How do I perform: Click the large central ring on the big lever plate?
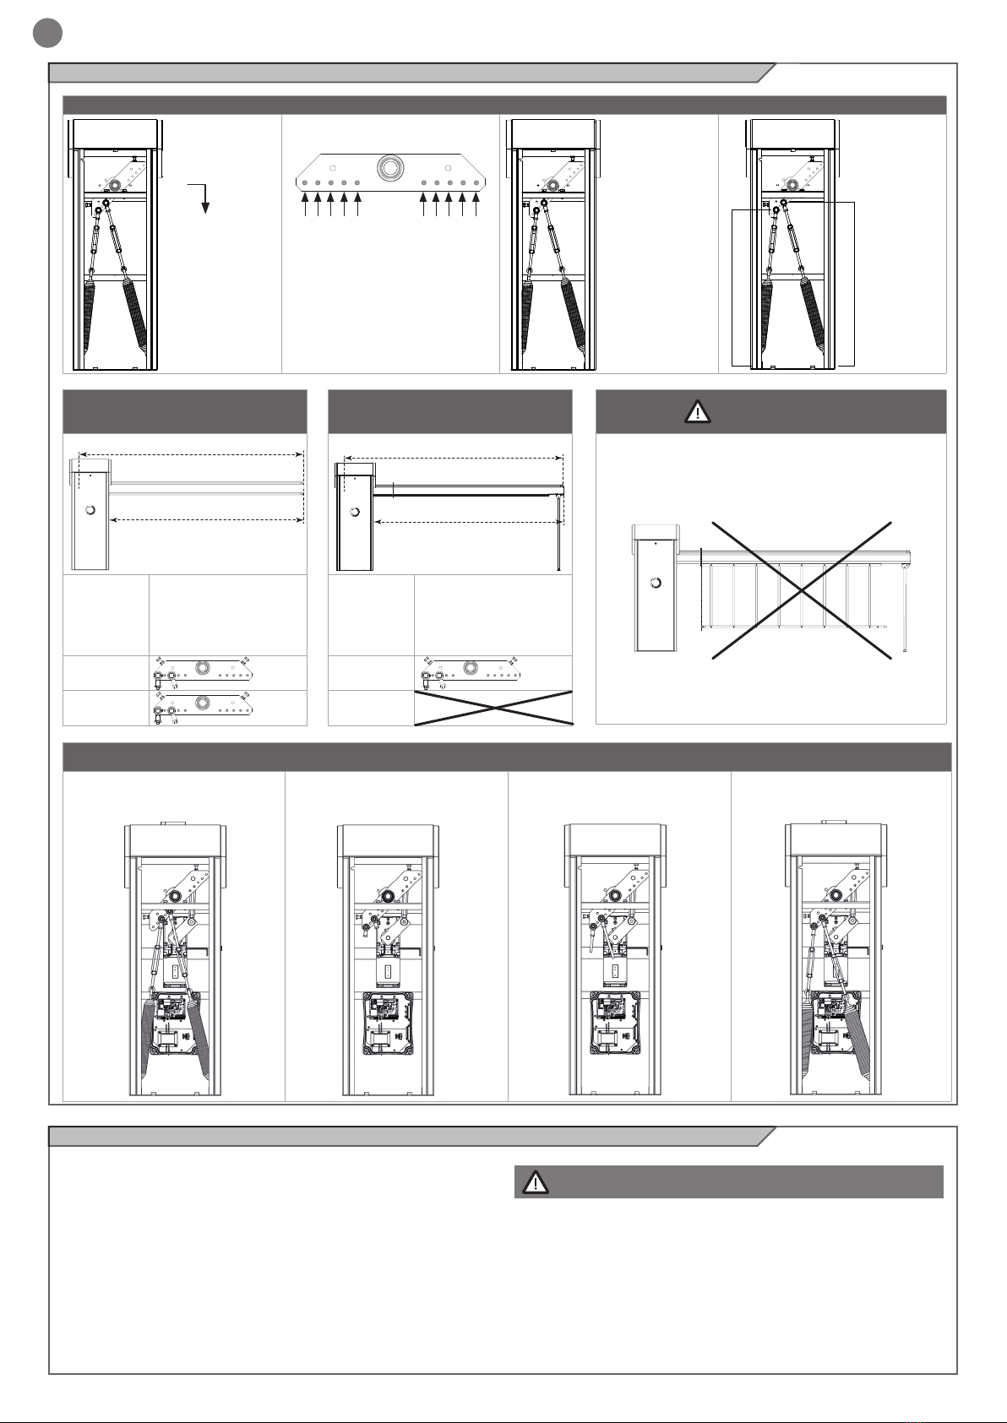click(390, 167)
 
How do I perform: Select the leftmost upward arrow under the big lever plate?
click(304, 205)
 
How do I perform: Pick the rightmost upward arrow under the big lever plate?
click(476, 205)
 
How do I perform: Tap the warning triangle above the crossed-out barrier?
click(697, 412)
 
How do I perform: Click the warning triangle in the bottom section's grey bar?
click(534, 1182)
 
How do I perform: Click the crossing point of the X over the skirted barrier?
click(801, 590)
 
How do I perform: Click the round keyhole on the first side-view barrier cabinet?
click(90, 509)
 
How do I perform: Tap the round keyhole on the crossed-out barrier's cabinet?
click(655, 583)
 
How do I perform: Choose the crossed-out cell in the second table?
click(493, 708)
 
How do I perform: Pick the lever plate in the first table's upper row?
click(203, 672)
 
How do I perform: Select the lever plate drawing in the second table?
click(469, 672)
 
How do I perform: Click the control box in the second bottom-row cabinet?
click(387, 1023)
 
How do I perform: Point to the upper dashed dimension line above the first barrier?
click(189, 454)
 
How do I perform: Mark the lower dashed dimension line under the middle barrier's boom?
click(468, 524)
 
